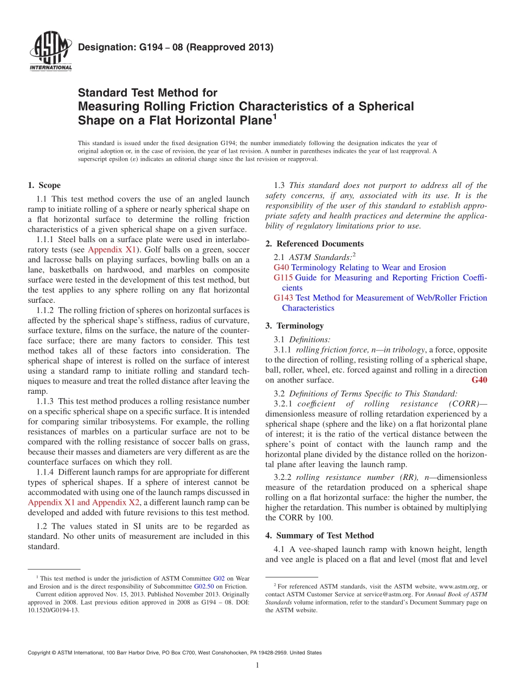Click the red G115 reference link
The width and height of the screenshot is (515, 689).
pos(284,278)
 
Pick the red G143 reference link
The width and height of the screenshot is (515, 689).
pos(284,298)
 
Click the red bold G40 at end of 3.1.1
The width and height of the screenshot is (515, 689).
pos(479,380)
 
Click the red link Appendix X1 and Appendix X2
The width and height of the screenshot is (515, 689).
pos(83,503)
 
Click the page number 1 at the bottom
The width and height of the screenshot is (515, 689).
pos(257,665)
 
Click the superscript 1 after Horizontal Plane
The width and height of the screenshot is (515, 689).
pos(275,116)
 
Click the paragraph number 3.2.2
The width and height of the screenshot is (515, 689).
pos(284,478)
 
